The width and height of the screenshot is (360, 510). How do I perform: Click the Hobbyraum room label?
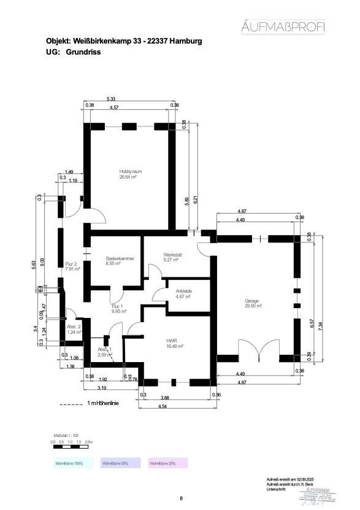[x=131, y=171]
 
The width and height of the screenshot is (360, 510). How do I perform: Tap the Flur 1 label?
[x=118, y=306]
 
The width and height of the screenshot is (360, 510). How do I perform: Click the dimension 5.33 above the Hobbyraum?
[x=111, y=99]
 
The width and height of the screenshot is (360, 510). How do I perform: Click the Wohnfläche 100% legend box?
[x=69, y=463]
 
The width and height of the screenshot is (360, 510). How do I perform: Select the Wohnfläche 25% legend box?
[x=164, y=463]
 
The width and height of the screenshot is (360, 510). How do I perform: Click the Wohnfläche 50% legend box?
[x=117, y=463]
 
